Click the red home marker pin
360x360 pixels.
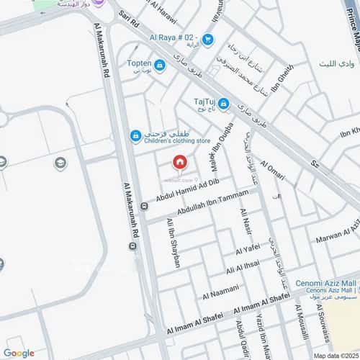(x=179, y=163)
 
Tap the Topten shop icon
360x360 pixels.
(x=160, y=66)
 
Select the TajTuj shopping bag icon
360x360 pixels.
(x=224, y=105)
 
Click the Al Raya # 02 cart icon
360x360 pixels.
(x=208, y=39)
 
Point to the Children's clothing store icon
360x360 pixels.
(x=135, y=135)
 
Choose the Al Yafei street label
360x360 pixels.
(x=246, y=248)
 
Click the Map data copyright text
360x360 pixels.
(x=334, y=355)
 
